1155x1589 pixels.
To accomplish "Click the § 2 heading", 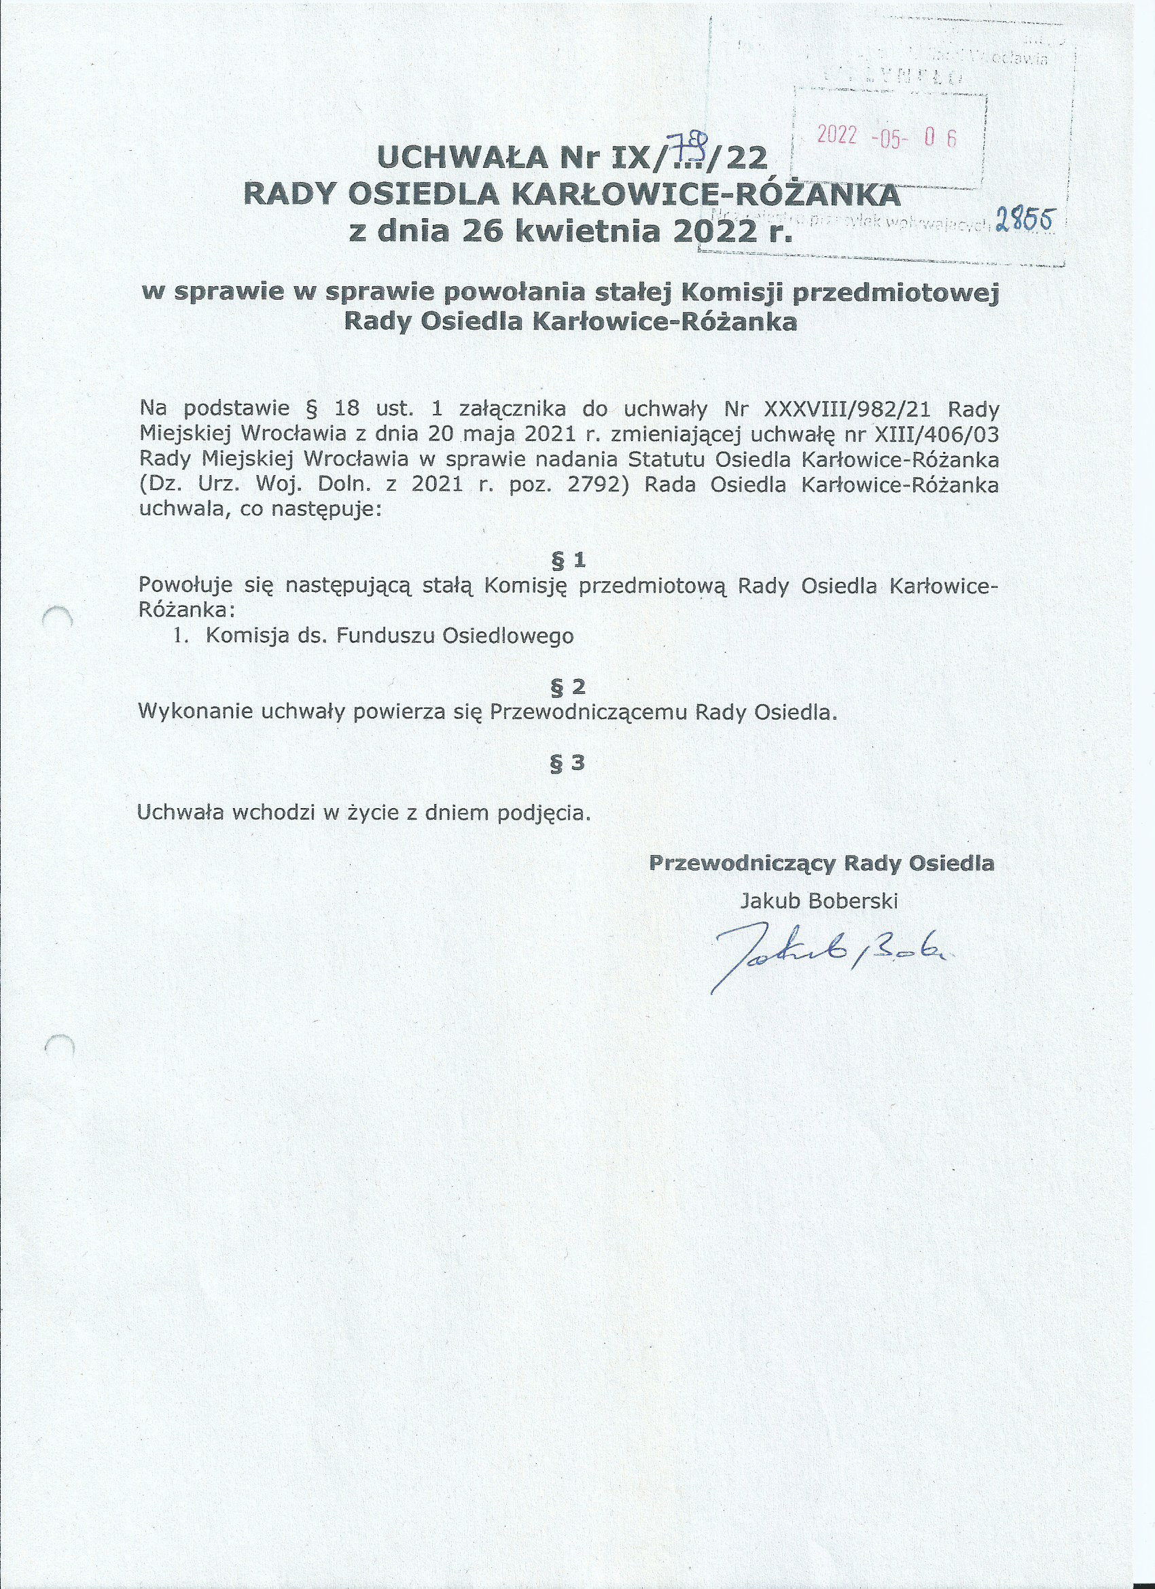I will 568,686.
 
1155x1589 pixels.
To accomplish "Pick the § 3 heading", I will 568,763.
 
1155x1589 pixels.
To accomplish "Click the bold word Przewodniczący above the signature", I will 743,863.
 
